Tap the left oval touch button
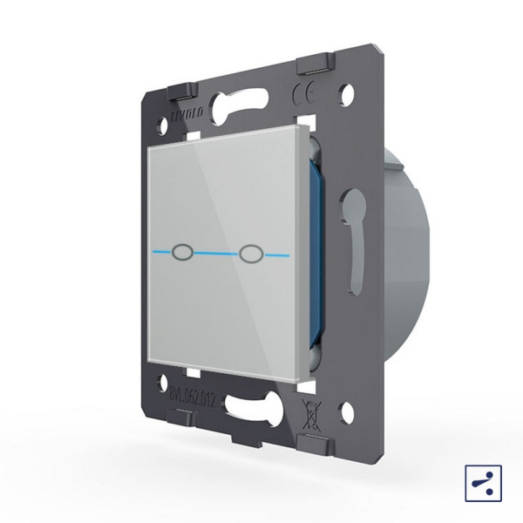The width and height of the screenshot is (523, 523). [x=185, y=253]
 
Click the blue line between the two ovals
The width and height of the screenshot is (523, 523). [x=218, y=254]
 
